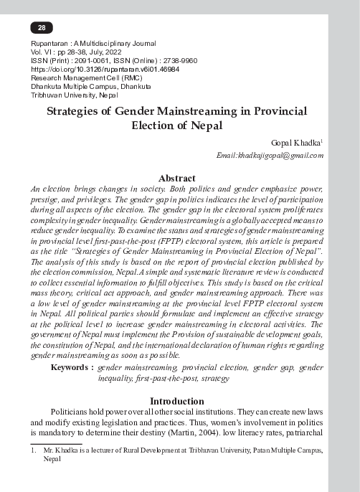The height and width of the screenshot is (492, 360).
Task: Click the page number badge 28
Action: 42,28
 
